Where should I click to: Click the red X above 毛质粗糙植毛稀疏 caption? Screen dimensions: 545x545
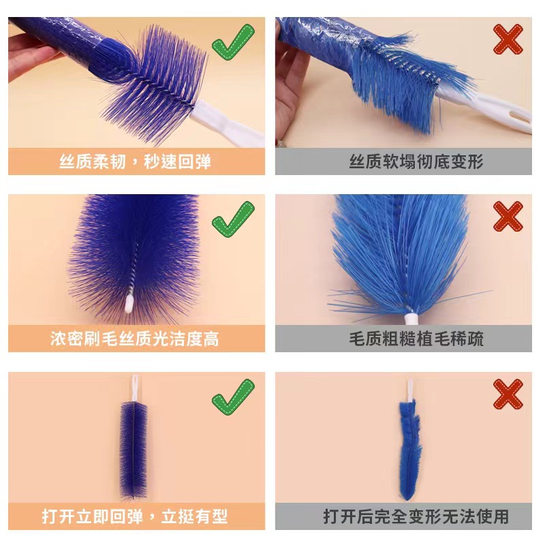point(508,217)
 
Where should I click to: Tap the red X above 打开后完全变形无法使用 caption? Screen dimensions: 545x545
point(508,394)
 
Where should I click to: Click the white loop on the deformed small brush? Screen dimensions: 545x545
point(411,391)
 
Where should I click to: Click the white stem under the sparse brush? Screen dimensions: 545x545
point(410,317)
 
